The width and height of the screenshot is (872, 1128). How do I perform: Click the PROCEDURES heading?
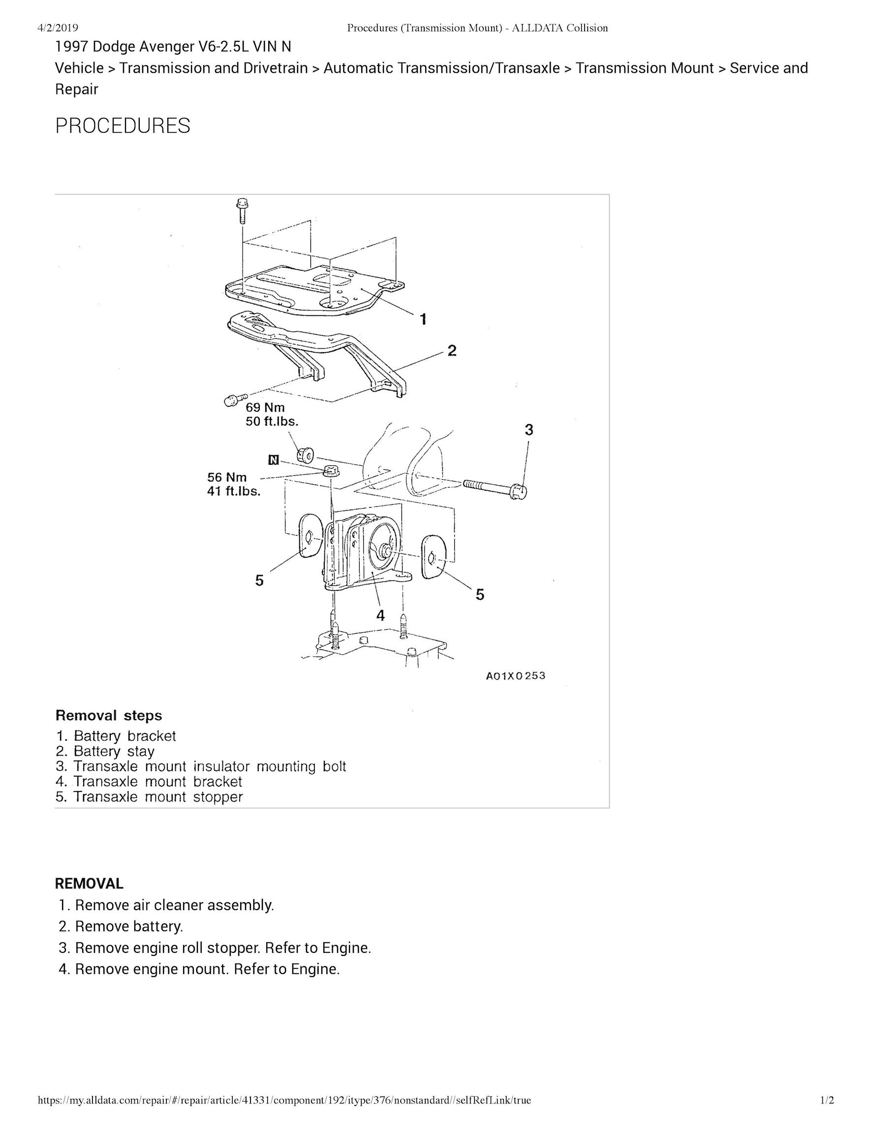click(x=123, y=126)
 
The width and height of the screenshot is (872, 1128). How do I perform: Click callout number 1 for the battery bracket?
click(x=423, y=319)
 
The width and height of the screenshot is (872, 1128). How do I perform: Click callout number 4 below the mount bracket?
click(x=380, y=614)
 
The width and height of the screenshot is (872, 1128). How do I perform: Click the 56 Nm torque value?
click(x=227, y=477)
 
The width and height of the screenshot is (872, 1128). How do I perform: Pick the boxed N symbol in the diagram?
click(x=273, y=459)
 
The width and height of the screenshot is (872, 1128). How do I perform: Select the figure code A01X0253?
click(x=515, y=675)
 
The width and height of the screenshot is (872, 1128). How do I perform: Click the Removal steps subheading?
click(x=108, y=715)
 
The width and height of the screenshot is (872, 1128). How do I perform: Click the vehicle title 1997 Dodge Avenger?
click(x=173, y=47)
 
